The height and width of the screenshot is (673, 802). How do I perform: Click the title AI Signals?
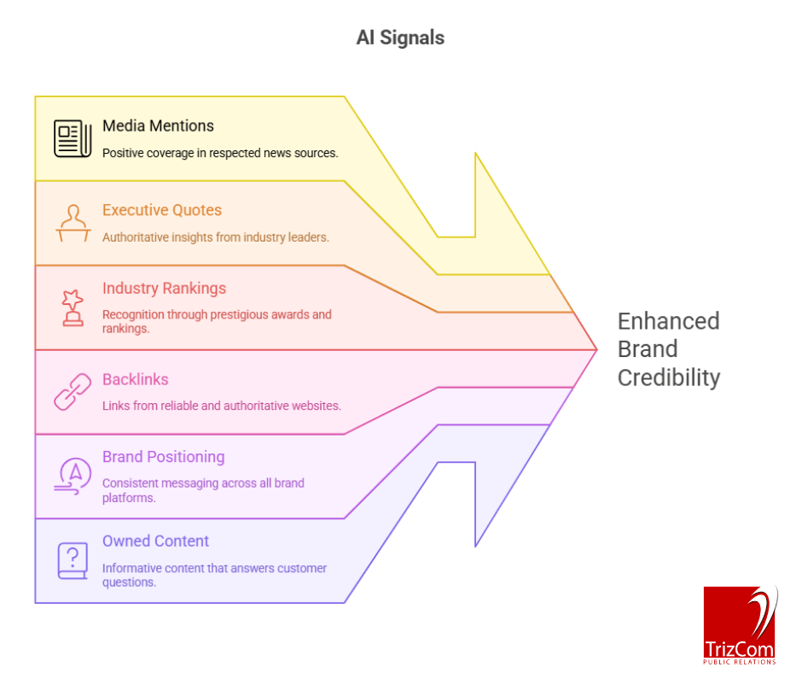click(x=400, y=38)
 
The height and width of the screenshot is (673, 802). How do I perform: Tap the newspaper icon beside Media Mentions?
click(x=73, y=138)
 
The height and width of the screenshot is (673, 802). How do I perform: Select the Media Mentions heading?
click(x=158, y=126)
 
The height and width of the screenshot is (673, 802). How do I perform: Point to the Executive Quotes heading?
click(x=161, y=210)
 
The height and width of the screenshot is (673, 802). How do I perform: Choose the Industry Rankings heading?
click(x=165, y=288)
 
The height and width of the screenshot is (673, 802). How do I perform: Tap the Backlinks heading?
click(x=135, y=379)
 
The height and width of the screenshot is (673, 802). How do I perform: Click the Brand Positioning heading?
click(x=163, y=457)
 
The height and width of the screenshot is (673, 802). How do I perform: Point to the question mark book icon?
click(x=73, y=560)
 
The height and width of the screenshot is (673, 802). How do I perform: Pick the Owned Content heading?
click(x=155, y=541)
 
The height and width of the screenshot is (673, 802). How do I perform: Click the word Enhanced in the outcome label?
click(x=668, y=321)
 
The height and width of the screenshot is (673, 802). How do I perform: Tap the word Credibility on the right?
click(x=668, y=377)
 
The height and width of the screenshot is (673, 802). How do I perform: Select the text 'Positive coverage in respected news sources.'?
click(x=220, y=153)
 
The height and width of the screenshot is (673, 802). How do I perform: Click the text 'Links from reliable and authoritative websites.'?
click(x=221, y=406)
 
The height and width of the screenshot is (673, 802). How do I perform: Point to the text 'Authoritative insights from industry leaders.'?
click(x=215, y=237)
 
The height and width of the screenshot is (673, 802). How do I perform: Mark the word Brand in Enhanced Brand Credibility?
click(x=648, y=349)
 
